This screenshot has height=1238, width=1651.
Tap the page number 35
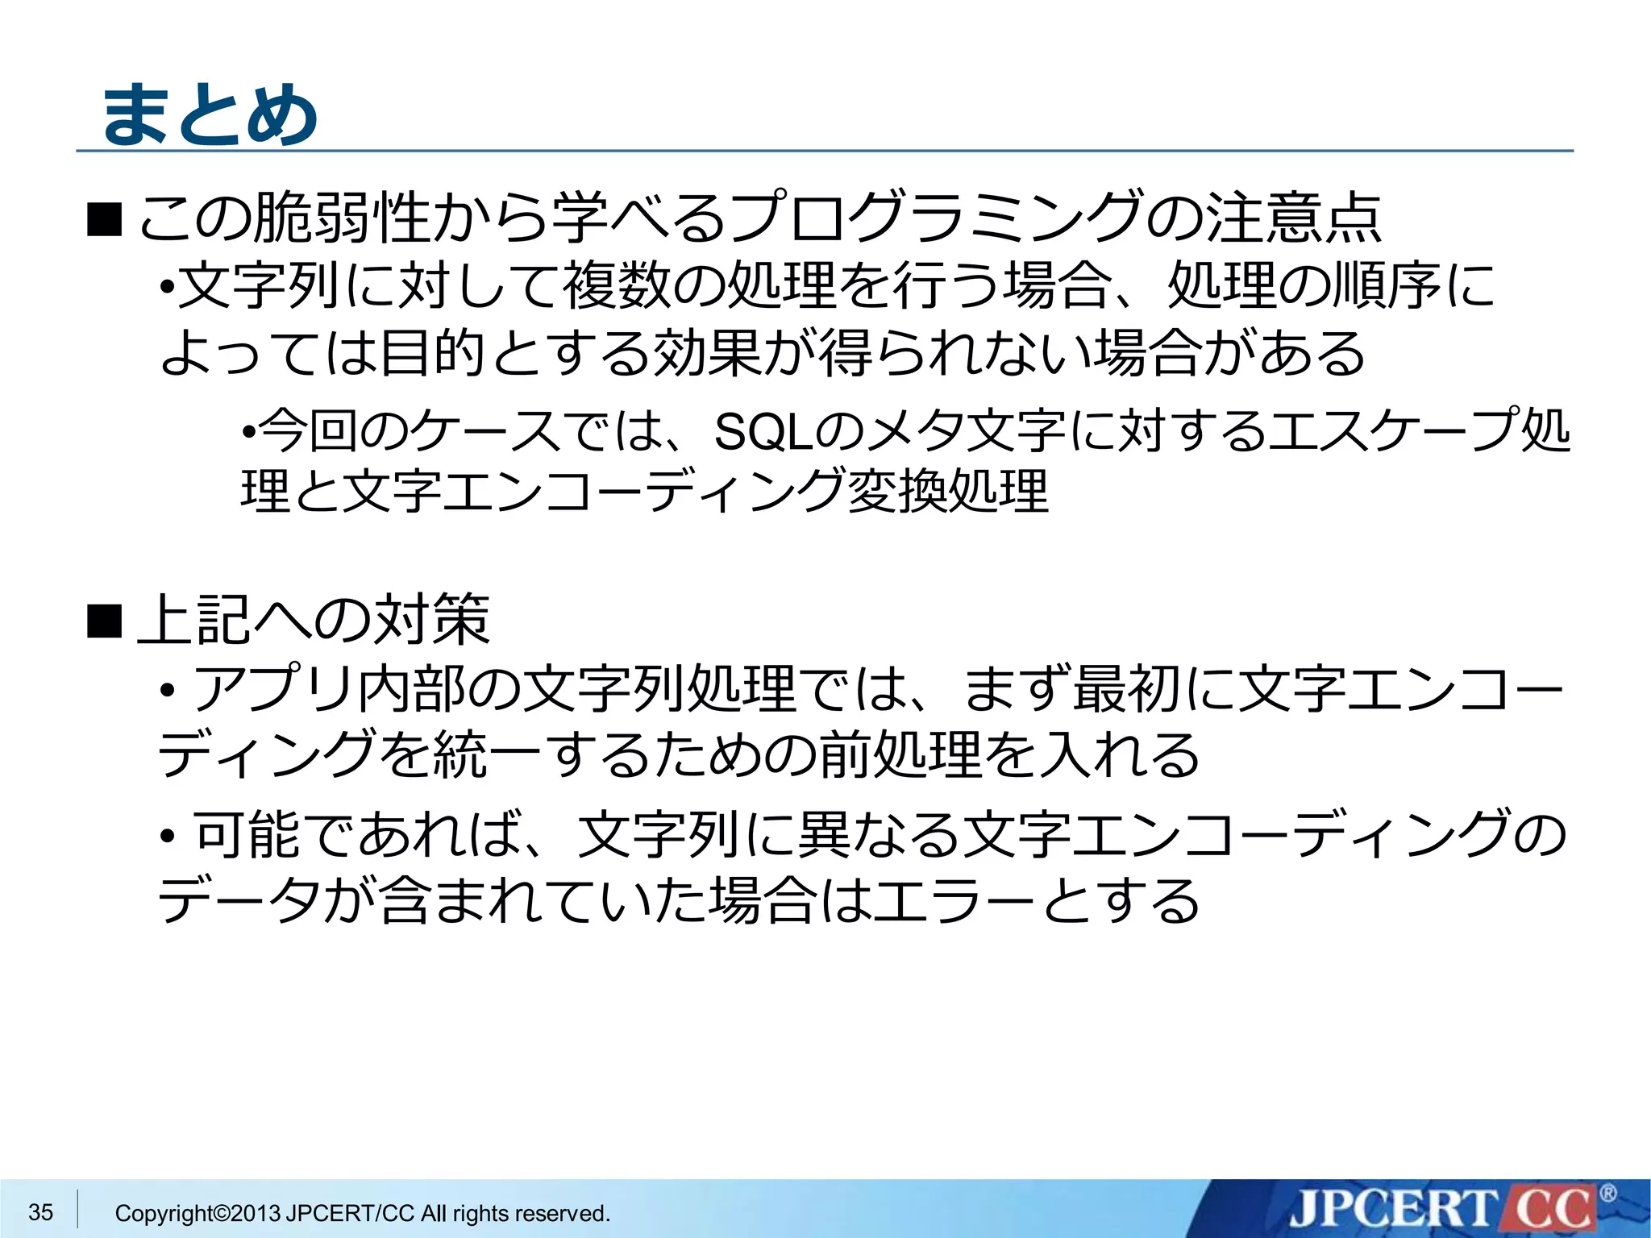click(40, 1211)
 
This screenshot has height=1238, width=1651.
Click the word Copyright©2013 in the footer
click(198, 1213)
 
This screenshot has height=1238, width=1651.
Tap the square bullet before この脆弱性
click(104, 219)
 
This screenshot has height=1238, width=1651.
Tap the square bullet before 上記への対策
click(104, 620)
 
